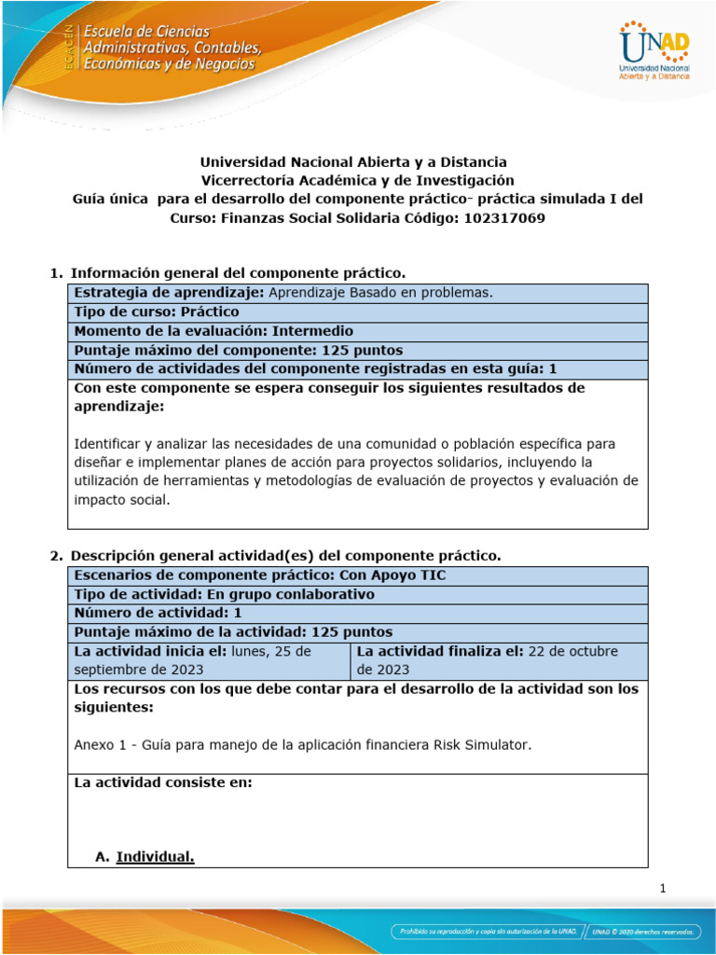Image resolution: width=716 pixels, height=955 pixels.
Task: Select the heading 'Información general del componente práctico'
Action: click(x=239, y=272)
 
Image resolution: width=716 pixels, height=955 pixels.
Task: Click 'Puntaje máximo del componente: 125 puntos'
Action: click(x=239, y=350)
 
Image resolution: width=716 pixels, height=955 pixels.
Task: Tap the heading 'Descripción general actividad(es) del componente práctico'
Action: click(x=285, y=555)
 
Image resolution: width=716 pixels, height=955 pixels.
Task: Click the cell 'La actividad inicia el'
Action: click(x=209, y=659)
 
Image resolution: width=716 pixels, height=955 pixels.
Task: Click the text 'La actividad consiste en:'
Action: click(x=163, y=782)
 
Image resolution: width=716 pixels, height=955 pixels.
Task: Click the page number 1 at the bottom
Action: click(x=662, y=888)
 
